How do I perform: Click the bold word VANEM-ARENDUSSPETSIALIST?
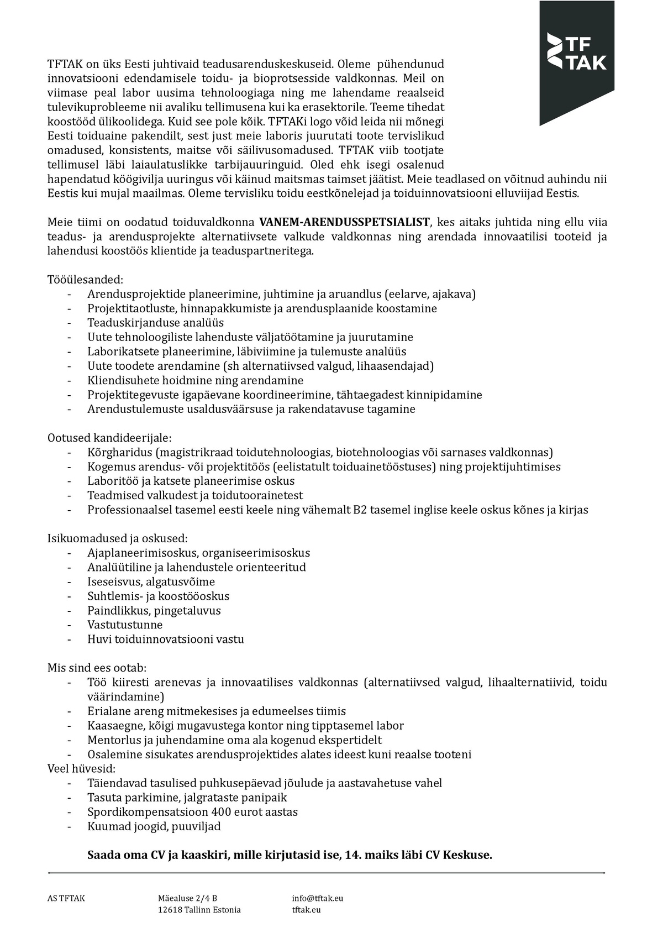point(344,223)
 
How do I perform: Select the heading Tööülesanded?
point(85,280)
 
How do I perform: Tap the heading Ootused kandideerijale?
point(109,438)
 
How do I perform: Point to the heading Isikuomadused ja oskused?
point(118,538)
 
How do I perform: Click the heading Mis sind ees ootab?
point(97,668)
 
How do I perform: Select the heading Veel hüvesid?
point(81,768)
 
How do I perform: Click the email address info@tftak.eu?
point(317,898)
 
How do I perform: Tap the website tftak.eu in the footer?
point(306,910)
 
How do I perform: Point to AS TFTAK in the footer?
point(66,898)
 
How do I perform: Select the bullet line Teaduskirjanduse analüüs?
point(155,323)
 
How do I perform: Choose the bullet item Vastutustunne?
point(125,625)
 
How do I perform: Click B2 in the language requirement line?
point(360,510)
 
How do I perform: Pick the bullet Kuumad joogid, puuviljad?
point(154,826)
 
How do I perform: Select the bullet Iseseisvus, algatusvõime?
point(151,581)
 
